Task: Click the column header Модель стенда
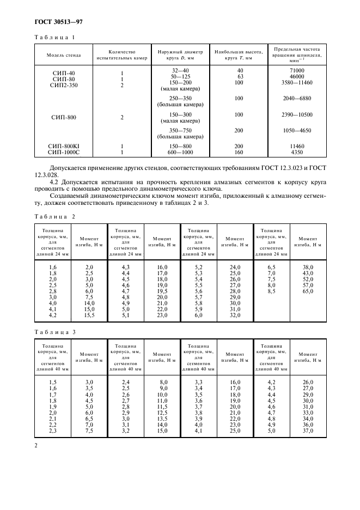tap(63, 54)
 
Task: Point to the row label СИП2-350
tap(63, 86)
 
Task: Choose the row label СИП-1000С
tap(63, 153)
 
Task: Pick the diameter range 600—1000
tap(181, 153)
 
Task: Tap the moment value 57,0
tap(309, 285)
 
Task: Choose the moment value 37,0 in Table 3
tap(308, 430)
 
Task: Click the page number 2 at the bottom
tap(35, 446)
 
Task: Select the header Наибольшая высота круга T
tap(236, 54)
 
